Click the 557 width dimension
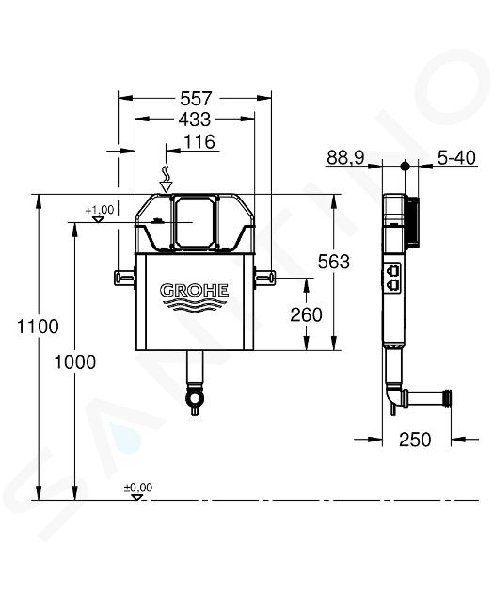point(196,99)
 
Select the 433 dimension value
point(194,120)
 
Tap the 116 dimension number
point(199,142)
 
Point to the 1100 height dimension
point(38,327)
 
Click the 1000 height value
point(75,362)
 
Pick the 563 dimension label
point(334,262)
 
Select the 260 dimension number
point(306,314)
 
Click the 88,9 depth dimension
point(345,157)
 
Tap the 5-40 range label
point(456,157)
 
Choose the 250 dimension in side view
point(415,440)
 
